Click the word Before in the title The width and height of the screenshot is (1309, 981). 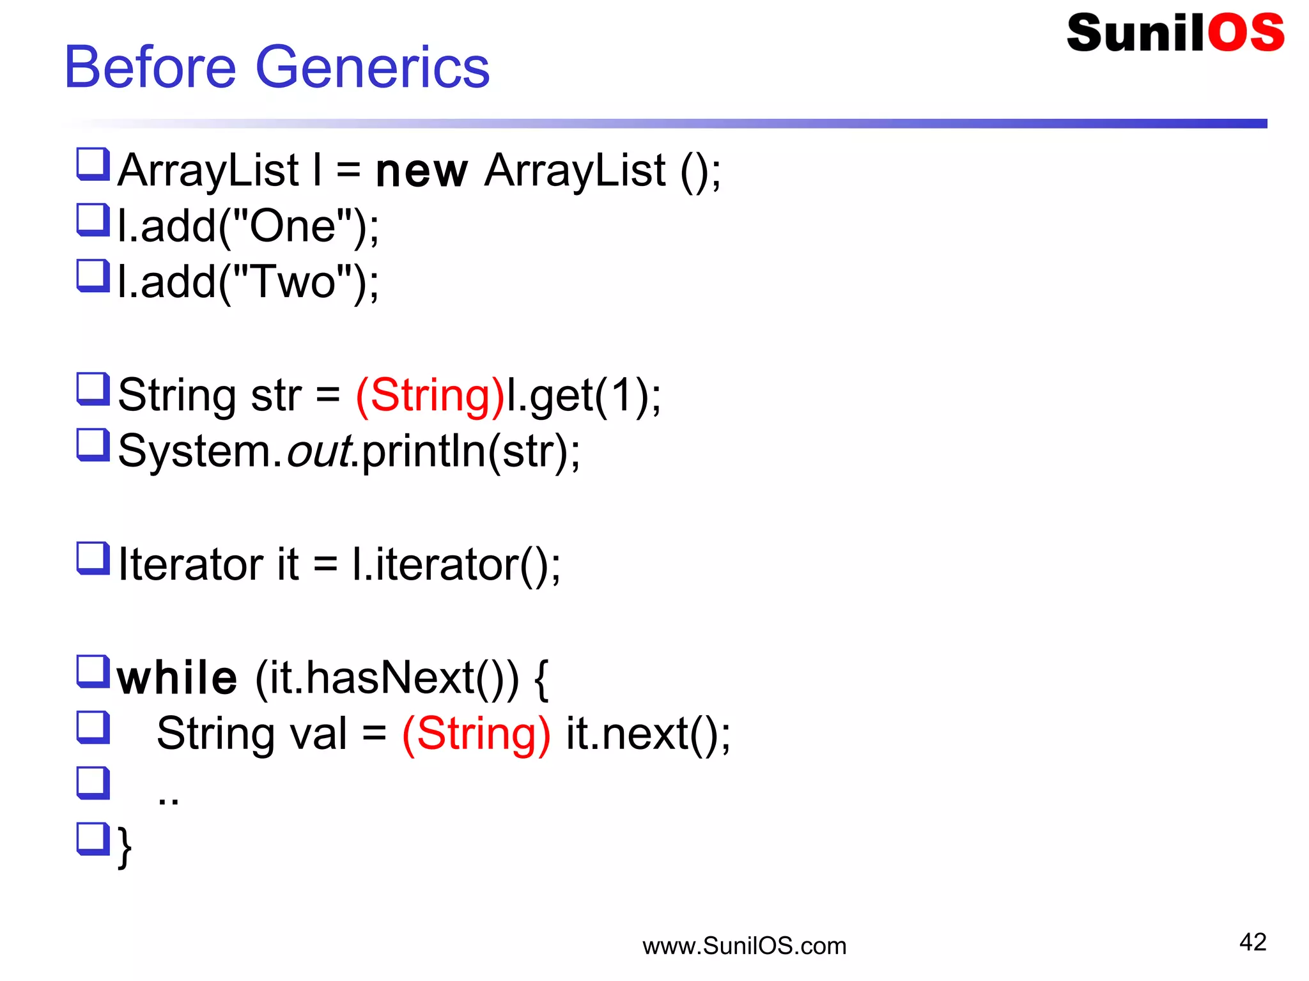(x=151, y=68)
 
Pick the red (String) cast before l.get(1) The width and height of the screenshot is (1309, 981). (x=430, y=396)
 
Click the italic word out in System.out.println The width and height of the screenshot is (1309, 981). (x=320, y=451)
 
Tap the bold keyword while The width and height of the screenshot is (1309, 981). (x=177, y=678)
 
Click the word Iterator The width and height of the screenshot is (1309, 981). (x=190, y=564)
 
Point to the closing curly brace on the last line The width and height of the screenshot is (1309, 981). (x=125, y=846)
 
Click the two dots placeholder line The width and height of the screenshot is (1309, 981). (x=168, y=799)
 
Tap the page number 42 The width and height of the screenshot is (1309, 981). (x=1252, y=942)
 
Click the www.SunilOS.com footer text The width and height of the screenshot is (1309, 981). (x=744, y=946)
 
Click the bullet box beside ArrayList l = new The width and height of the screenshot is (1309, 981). (x=93, y=164)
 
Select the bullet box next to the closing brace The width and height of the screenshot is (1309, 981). (x=93, y=838)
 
